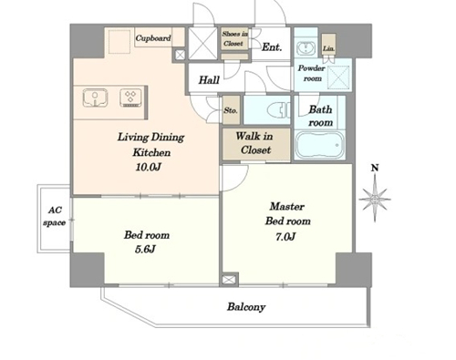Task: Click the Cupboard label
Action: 153,38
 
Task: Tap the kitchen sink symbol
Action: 95,98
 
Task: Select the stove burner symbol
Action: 130,98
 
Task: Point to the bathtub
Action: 319,145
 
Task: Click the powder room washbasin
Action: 305,47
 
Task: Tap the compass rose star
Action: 375,199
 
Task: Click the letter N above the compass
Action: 375,168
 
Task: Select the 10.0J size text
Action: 148,167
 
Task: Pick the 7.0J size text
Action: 285,236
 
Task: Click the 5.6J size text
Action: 145,250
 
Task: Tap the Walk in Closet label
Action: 254,143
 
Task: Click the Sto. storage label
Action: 231,110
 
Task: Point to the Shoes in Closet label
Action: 234,38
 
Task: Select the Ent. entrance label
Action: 272,46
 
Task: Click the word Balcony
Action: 246,307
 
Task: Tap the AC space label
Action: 55,216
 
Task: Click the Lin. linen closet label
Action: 328,48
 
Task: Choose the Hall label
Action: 209,80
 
